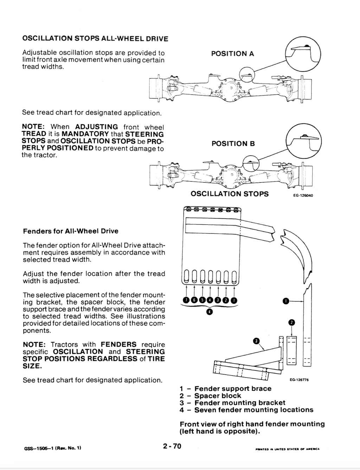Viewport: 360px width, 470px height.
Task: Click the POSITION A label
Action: coord(232,54)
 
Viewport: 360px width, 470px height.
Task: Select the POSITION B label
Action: coord(233,144)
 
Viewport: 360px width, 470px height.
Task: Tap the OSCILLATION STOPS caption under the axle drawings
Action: coord(230,194)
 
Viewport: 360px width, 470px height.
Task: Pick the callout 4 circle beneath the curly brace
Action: coord(210,312)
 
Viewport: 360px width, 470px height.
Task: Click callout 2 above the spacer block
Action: coord(291,322)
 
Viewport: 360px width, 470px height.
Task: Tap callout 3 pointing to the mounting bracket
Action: coord(256,341)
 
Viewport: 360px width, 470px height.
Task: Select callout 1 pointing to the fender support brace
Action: coord(286,301)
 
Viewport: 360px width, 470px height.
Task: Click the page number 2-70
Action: coord(172,447)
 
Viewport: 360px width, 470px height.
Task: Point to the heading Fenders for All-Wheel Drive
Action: coord(71,231)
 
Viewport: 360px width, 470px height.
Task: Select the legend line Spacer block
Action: coord(218,396)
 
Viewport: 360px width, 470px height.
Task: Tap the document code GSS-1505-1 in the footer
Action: coord(39,448)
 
